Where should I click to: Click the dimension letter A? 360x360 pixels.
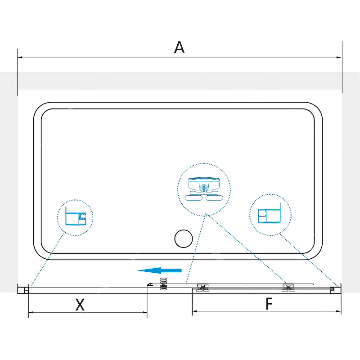179,47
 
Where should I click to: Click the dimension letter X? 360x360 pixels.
80,305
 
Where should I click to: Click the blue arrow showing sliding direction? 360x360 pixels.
159,270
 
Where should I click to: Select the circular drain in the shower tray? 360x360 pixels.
184,238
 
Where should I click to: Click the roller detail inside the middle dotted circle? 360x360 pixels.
204,189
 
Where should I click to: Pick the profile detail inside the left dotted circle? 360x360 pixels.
76,216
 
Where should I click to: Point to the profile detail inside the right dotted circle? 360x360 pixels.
270,213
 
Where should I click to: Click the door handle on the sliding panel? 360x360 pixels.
163,284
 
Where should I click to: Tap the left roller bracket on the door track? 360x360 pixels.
202,288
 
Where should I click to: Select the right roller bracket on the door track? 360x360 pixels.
288,288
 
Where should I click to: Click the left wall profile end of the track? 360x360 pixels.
23,288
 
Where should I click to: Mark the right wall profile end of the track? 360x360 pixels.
335,288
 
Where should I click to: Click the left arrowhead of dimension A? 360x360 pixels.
20,57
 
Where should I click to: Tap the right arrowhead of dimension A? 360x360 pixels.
339,57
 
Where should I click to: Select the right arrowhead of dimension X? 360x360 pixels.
144,312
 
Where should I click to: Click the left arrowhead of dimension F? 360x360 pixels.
195,311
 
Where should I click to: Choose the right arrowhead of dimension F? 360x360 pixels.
339,311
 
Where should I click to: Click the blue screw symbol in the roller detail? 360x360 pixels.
204,188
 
